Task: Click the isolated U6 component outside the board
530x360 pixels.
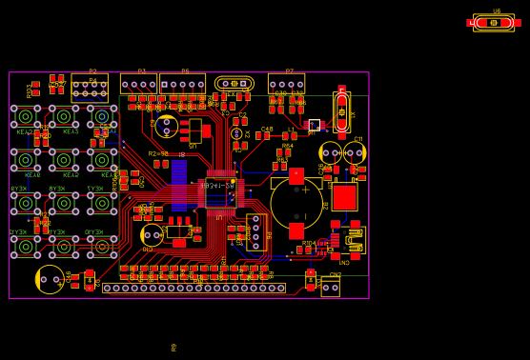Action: click(x=494, y=22)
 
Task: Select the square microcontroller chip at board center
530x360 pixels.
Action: click(x=219, y=191)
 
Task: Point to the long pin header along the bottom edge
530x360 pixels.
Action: click(x=194, y=288)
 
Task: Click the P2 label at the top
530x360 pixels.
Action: click(x=92, y=71)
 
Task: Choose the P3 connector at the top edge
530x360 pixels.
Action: click(x=139, y=84)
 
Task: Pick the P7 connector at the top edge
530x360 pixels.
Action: click(x=286, y=84)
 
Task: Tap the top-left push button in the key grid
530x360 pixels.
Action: click(x=26, y=116)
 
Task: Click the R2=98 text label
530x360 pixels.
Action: click(x=158, y=153)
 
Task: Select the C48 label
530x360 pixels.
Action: click(x=267, y=129)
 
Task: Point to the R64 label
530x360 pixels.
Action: click(x=288, y=146)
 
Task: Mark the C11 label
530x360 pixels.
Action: click(x=358, y=139)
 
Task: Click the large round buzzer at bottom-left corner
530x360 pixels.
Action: click(x=50, y=279)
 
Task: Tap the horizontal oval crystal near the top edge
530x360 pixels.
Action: click(x=234, y=84)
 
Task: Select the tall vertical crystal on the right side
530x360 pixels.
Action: click(x=341, y=111)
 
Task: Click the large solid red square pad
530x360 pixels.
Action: click(x=344, y=196)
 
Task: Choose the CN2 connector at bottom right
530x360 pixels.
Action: click(x=331, y=287)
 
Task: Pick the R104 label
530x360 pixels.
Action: click(x=309, y=243)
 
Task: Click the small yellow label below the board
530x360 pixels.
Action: click(x=173, y=348)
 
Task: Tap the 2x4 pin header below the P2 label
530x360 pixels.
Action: click(x=90, y=89)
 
